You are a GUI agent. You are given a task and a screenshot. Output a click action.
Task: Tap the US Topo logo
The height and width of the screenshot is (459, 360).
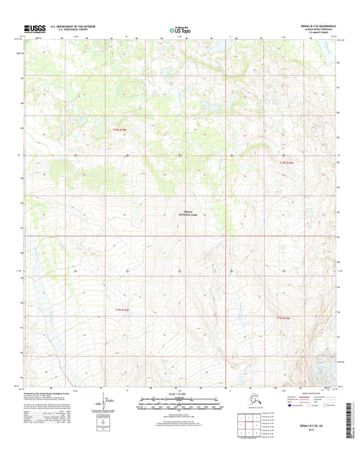point(179,29)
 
